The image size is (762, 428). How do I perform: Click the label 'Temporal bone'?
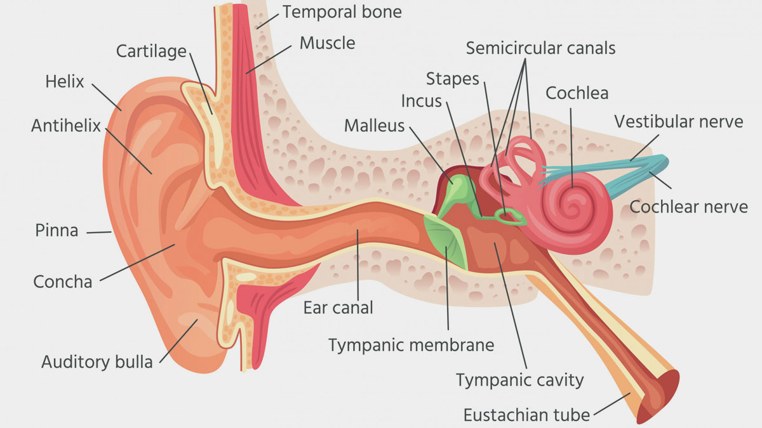tap(342, 12)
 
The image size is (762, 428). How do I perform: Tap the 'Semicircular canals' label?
tap(540, 48)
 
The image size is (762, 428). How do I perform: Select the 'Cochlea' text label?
tap(577, 93)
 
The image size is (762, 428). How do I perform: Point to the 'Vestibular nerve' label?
tap(679, 122)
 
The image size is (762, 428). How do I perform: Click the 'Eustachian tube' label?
tap(526, 415)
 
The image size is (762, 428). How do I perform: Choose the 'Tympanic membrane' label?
tap(411, 345)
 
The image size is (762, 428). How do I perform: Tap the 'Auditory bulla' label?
tap(97, 362)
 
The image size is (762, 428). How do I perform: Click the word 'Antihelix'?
tap(66, 126)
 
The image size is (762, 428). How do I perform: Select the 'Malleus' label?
tap(374, 126)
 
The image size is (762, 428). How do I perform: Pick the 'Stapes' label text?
tap(452, 79)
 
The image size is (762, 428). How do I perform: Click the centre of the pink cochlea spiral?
tap(572, 208)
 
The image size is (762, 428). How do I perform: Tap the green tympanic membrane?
tap(446, 241)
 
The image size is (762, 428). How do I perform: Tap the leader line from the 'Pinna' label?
tap(99, 232)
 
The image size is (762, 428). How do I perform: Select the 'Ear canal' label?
tap(338, 308)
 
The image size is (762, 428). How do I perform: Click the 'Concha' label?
tap(63, 282)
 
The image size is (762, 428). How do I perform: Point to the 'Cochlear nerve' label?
tap(688, 207)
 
